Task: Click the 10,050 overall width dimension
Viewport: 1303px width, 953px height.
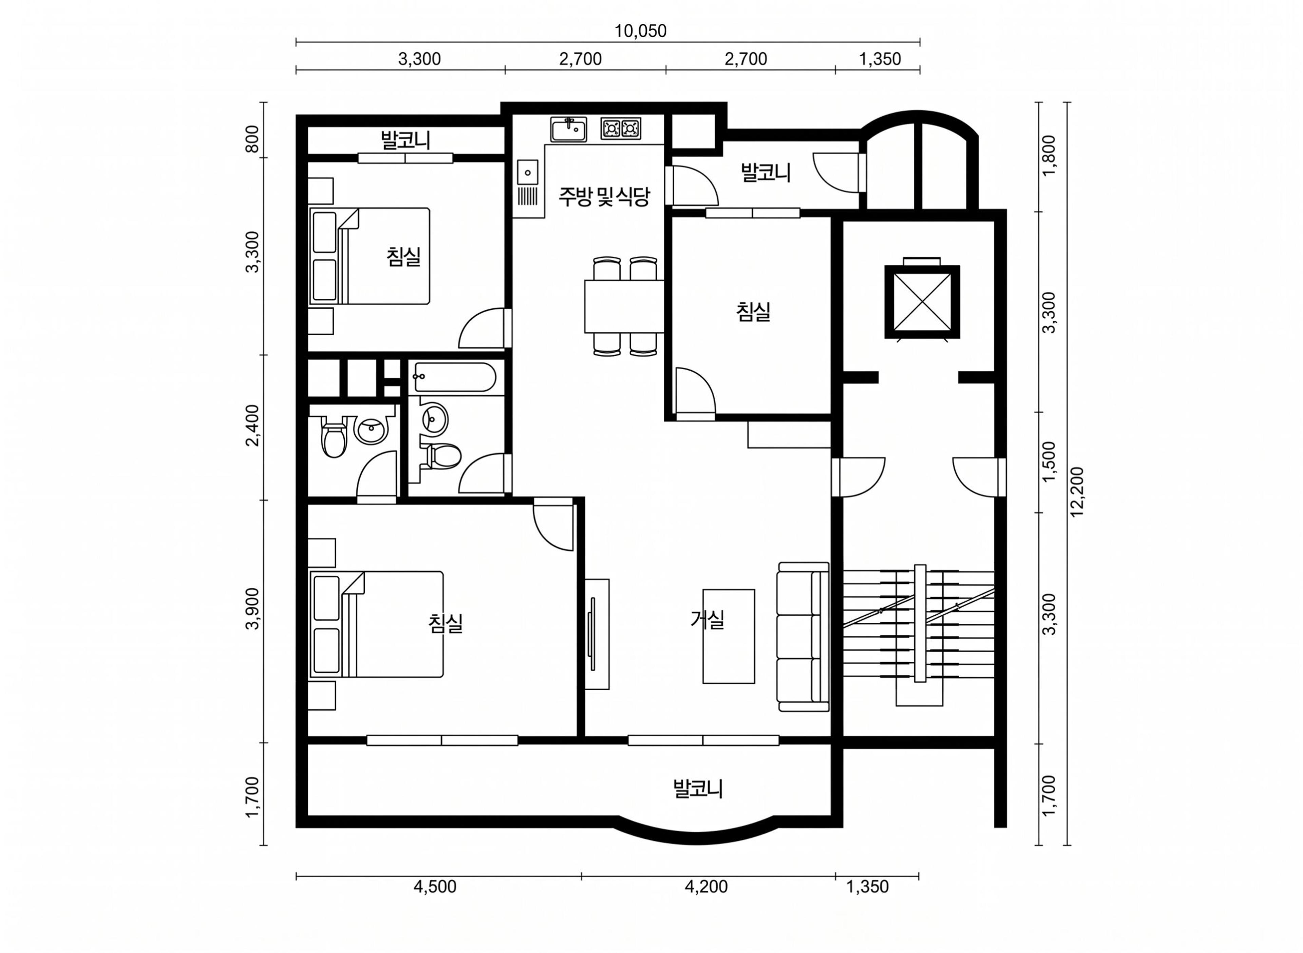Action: point(640,31)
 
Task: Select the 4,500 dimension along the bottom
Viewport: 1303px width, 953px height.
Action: point(435,886)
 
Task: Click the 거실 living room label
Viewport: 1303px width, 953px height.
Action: point(707,619)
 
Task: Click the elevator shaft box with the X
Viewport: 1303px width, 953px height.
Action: point(922,302)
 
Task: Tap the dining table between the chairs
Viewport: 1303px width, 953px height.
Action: point(624,306)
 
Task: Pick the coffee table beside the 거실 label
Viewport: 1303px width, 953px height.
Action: point(728,636)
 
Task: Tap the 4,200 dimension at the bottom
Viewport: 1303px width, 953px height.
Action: point(706,886)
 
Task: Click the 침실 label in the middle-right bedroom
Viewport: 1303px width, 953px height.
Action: point(753,312)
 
